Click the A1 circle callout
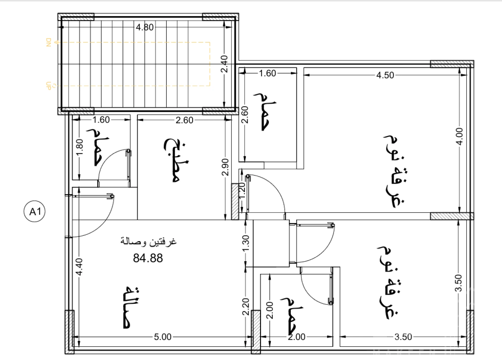pyautogui.click(x=34, y=211)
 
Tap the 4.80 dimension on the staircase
pyautogui.click(x=145, y=27)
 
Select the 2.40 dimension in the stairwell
pyautogui.click(x=224, y=64)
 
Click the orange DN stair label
pyautogui.click(x=49, y=43)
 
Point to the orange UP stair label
pyautogui.click(x=49, y=86)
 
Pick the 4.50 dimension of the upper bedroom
pyautogui.click(x=385, y=75)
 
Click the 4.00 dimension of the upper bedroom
pyautogui.click(x=459, y=137)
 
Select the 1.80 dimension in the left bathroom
pyautogui.click(x=80, y=147)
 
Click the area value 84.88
pyautogui.click(x=148, y=258)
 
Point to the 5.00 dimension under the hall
pyautogui.click(x=163, y=337)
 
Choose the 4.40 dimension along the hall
pyautogui.click(x=79, y=267)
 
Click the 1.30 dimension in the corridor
pyautogui.click(x=246, y=243)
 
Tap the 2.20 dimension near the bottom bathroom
pyautogui.click(x=246, y=307)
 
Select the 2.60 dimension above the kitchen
pyautogui.click(x=184, y=120)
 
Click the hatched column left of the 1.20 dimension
pyautogui.click(x=235, y=202)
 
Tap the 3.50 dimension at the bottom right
pyautogui.click(x=403, y=337)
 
